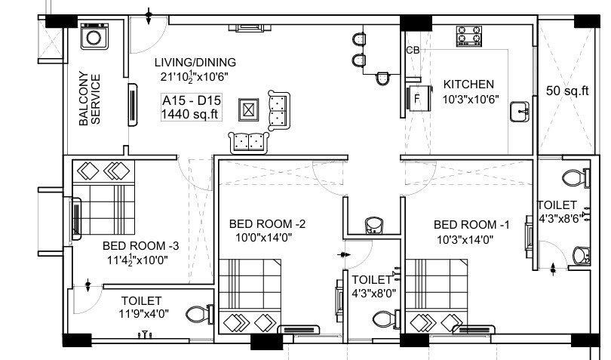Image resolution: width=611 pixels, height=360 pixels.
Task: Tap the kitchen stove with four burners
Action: point(469,35)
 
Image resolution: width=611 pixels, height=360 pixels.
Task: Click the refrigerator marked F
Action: point(417,97)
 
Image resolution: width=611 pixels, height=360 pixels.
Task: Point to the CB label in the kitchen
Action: point(413,51)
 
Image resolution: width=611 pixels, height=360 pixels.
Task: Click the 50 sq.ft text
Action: point(566,91)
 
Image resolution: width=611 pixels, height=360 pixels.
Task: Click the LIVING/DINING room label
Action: point(195,63)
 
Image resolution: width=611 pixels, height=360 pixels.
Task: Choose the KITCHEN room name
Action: point(468,85)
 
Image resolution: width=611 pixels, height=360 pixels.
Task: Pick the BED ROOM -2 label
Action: point(267,224)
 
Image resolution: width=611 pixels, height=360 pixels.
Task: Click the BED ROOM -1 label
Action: point(471,225)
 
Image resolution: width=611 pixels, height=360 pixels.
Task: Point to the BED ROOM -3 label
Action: point(141,246)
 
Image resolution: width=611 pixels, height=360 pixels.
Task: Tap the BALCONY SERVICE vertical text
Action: point(90,98)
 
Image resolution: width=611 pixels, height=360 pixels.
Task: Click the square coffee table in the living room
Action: point(248,110)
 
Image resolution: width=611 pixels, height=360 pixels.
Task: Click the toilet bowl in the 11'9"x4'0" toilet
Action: point(197,312)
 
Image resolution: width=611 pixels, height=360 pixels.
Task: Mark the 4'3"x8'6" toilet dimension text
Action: point(558,219)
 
